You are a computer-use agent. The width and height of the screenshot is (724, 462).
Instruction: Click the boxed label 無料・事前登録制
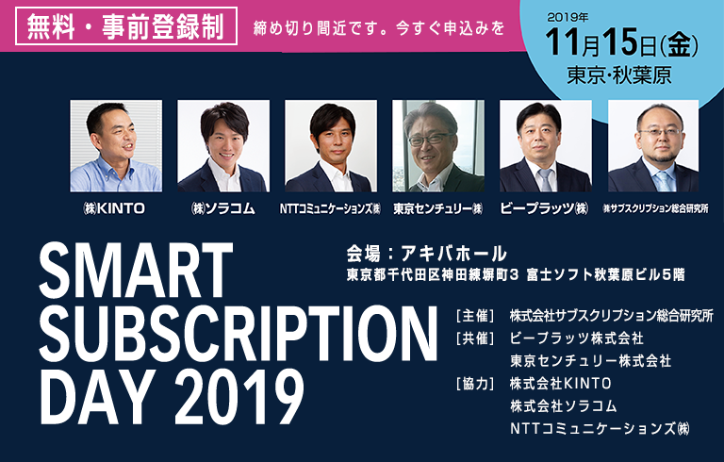(126, 26)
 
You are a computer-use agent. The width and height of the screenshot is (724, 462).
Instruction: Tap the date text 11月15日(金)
(621, 43)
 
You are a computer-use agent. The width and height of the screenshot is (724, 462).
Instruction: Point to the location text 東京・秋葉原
(619, 75)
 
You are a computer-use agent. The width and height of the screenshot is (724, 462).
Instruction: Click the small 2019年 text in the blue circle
(568, 18)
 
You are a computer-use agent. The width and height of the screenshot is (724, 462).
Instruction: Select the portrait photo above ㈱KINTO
(116, 146)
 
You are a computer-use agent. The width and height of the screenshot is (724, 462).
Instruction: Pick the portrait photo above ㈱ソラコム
(223, 146)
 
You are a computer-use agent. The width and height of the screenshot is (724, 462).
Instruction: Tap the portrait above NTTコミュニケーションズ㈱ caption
(331, 146)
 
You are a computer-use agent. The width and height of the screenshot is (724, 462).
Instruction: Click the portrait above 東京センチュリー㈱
(438, 146)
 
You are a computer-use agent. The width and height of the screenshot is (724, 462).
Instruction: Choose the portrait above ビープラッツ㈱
(545, 146)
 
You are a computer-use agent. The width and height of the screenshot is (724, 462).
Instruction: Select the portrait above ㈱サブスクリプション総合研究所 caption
(653, 146)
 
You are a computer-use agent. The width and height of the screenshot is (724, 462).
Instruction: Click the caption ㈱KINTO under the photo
(113, 208)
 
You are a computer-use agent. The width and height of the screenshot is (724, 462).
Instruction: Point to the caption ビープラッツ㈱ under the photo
(545, 208)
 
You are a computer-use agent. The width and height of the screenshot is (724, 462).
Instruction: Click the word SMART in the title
(136, 271)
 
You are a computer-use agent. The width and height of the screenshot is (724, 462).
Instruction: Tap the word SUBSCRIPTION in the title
(239, 333)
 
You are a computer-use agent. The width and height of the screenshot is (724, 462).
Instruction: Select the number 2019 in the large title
(239, 396)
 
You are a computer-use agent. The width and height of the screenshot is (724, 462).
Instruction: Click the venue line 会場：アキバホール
(427, 254)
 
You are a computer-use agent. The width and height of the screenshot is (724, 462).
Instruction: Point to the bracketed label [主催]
(475, 316)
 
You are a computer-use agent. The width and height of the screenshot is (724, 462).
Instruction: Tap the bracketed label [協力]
(475, 384)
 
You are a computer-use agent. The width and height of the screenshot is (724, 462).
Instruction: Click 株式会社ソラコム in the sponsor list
(564, 406)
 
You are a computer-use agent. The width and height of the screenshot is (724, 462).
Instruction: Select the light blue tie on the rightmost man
(664, 181)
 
